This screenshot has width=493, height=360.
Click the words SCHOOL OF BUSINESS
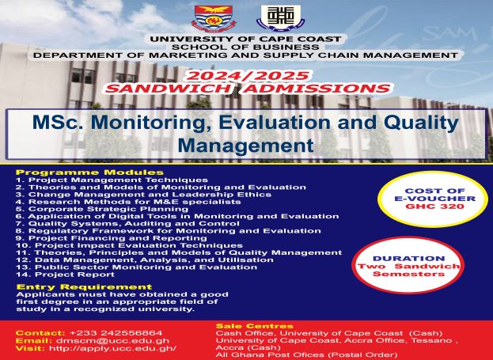[246, 47]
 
